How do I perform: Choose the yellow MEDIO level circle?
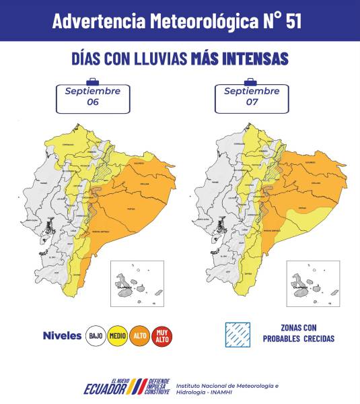point(118,335)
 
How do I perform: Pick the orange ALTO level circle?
point(140,335)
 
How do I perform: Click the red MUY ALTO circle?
point(162,335)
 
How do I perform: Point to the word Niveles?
point(62,335)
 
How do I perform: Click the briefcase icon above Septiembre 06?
point(92,81)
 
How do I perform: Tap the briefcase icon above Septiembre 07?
point(251,81)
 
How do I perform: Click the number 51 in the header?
point(293,21)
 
